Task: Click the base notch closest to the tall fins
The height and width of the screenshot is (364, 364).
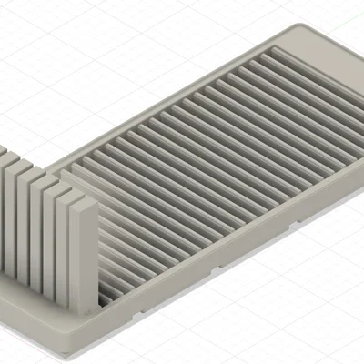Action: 137,310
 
